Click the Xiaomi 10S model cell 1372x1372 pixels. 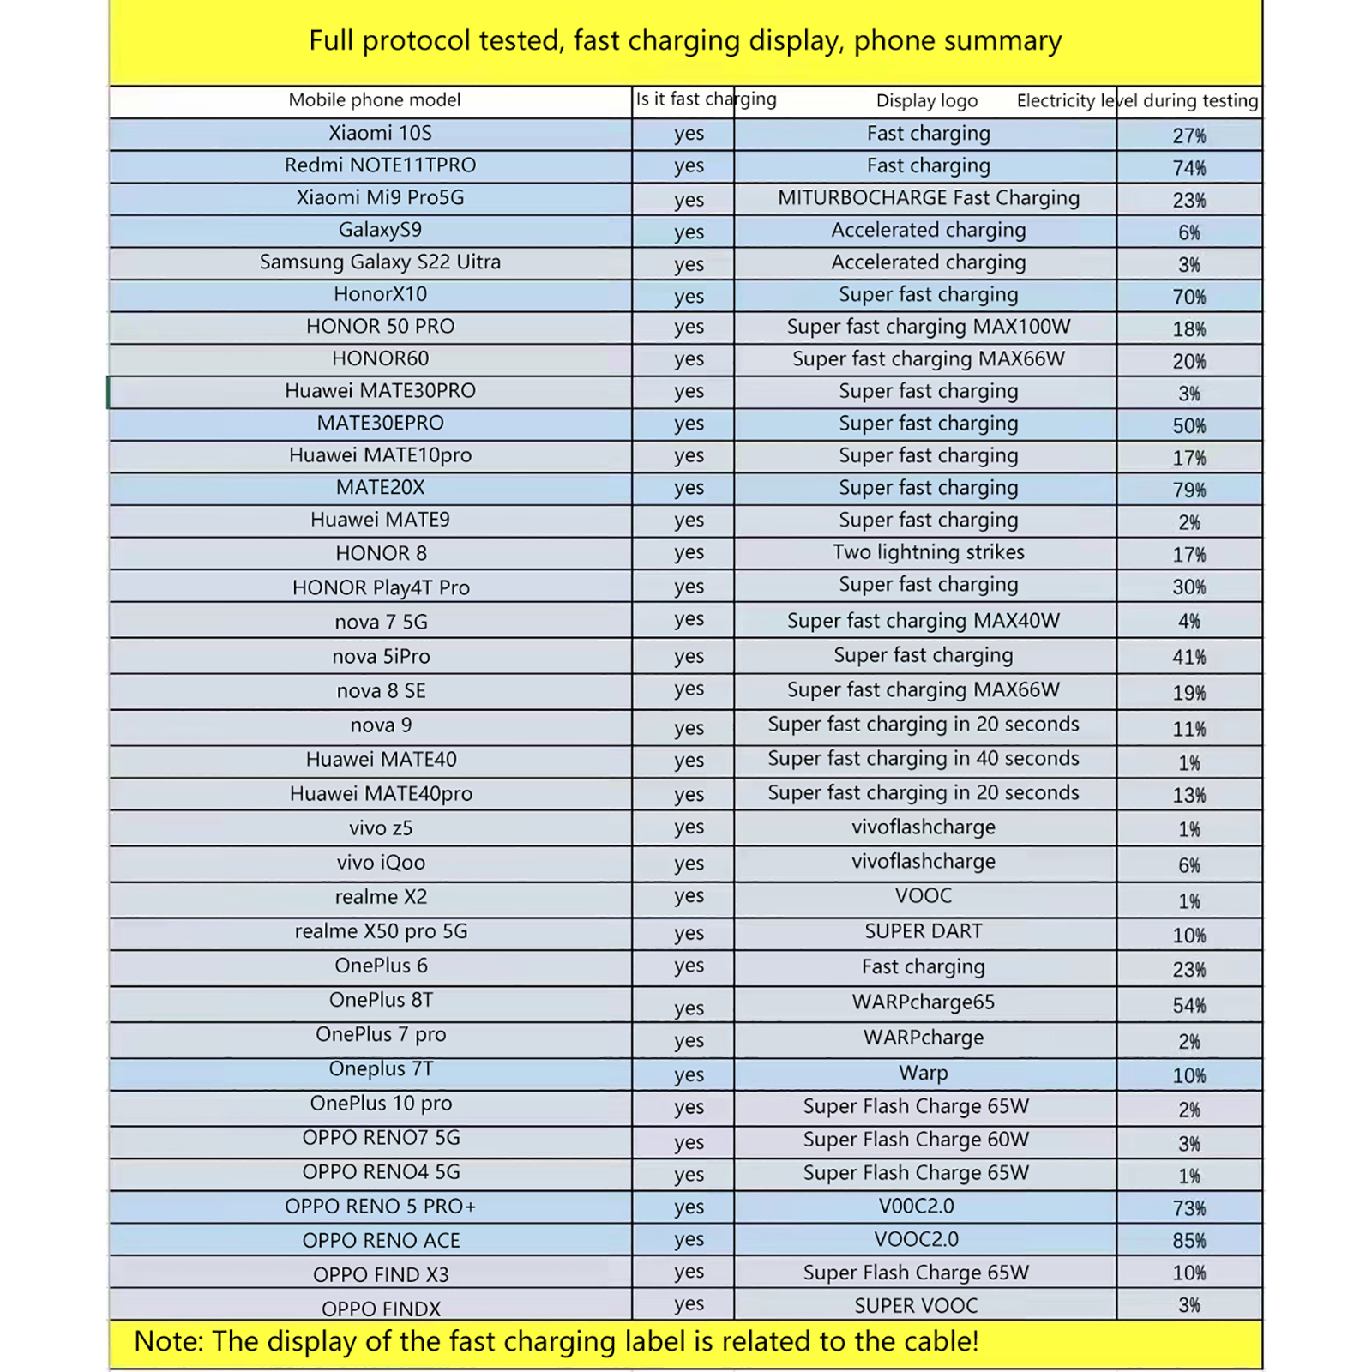380,133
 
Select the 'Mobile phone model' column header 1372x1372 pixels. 374,99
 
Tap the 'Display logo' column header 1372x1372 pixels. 926,100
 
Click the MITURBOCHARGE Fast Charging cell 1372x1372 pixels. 928,198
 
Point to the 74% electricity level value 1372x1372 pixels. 1188,167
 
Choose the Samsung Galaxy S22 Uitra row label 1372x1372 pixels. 380,262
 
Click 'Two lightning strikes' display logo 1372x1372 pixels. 928,552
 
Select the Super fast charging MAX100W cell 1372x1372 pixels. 928,327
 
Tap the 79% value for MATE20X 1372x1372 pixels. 1188,490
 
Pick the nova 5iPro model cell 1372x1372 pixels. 381,657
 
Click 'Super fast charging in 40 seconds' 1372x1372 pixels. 923,759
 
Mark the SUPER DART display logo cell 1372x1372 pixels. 923,931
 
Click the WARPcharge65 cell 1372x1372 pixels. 923,1002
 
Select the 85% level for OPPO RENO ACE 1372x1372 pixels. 1188,1241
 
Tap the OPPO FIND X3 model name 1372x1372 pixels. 381,1275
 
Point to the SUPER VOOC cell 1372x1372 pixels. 916,1306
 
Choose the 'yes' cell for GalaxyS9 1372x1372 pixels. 689,232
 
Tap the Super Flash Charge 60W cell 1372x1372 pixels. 916,1140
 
